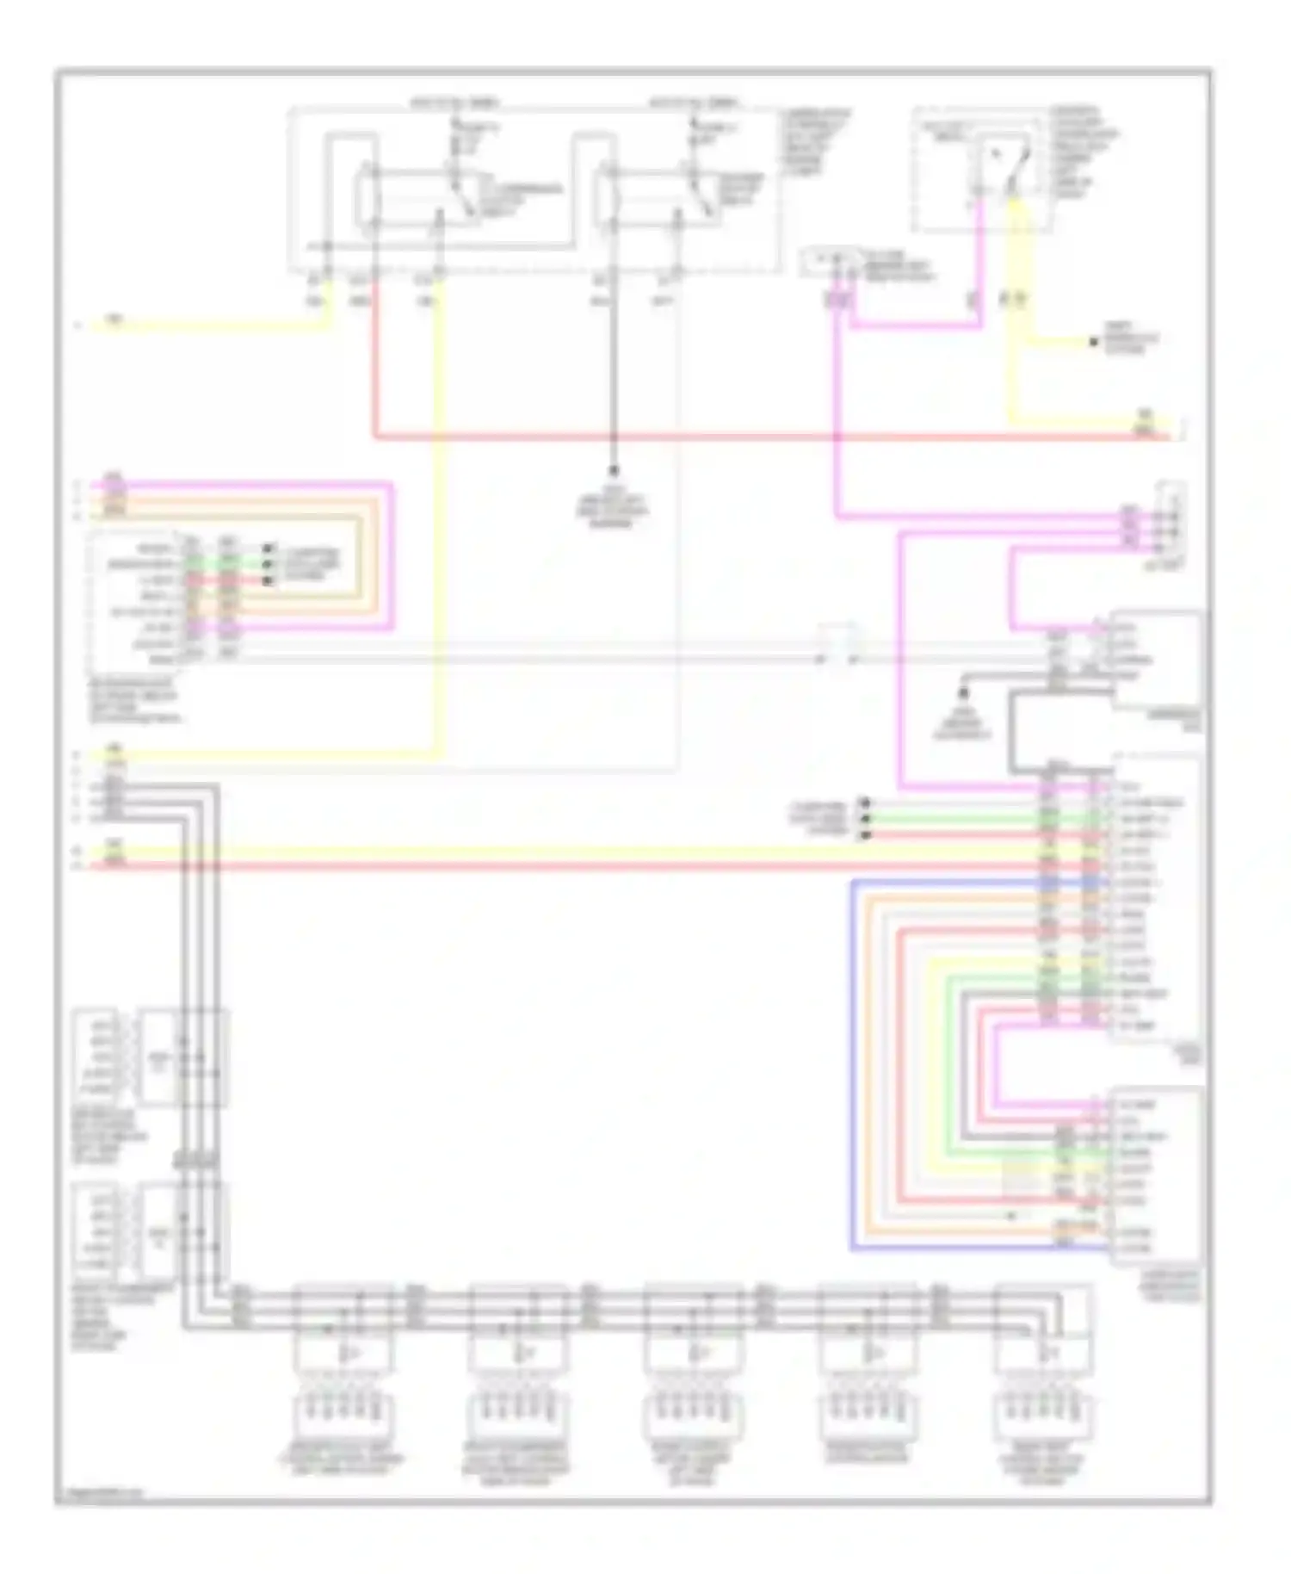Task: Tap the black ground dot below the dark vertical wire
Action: [x=614, y=471]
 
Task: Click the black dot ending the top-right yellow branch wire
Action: [x=1094, y=342]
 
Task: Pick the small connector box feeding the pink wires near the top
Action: [x=831, y=261]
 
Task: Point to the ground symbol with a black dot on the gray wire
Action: [x=964, y=693]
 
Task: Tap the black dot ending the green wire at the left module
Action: [x=268, y=564]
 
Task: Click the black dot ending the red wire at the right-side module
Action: [x=866, y=835]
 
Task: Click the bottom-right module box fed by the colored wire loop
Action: [x=1155, y=1176]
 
